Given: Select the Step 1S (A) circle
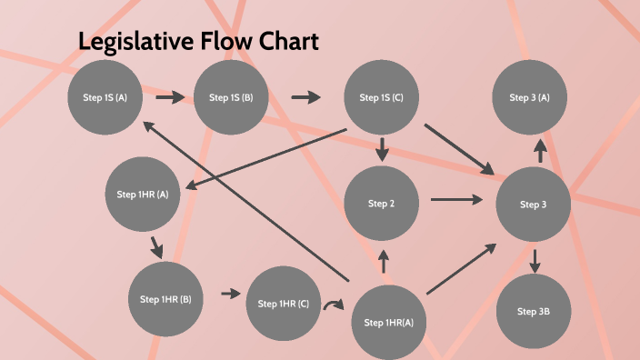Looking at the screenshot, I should pyautogui.click(x=105, y=97).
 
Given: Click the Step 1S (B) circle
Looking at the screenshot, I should pyautogui.click(x=231, y=97).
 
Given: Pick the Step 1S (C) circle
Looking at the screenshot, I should pyautogui.click(x=381, y=97).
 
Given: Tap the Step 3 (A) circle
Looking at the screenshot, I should pyautogui.click(x=529, y=97).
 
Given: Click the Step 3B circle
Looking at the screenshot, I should pyautogui.click(x=533, y=311).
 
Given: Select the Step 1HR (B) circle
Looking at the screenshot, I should pyautogui.click(x=165, y=298).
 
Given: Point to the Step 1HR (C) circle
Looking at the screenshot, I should pyautogui.click(x=284, y=304).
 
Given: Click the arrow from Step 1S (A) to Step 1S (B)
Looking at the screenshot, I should pyautogui.click(x=169, y=95).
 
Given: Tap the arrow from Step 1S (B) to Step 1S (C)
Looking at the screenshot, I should pyautogui.click(x=306, y=96).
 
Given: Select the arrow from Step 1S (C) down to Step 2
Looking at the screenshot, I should pyautogui.click(x=382, y=149).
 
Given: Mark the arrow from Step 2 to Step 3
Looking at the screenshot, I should pyautogui.click(x=456, y=199).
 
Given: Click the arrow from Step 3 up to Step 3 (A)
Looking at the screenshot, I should pyautogui.click(x=540, y=150).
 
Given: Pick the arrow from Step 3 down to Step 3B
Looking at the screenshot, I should pyautogui.click(x=535, y=261).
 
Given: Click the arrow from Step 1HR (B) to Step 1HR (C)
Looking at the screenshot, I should pyautogui.click(x=231, y=294).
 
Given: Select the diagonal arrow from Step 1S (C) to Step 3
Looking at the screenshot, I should pyautogui.click(x=459, y=148).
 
